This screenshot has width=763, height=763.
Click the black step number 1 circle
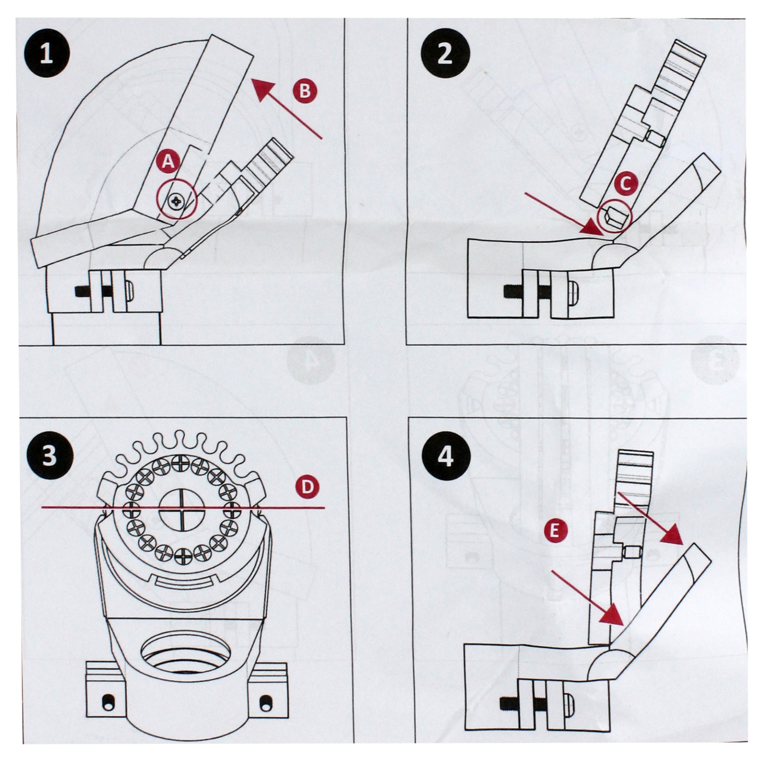(46, 54)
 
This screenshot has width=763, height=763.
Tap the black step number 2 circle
(445, 54)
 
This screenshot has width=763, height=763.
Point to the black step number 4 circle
(445, 457)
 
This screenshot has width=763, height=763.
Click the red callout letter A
(168, 161)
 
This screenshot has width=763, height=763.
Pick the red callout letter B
(305, 91)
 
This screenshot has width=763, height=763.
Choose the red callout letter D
(308, 487)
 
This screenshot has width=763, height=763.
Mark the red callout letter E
(555, 531)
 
